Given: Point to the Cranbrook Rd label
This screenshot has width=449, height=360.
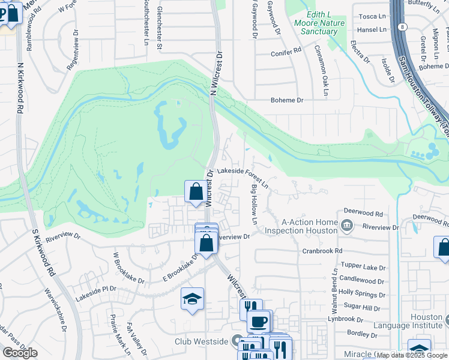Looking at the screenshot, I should click(322, 251).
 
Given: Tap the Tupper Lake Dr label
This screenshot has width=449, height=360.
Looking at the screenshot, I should click(362, 265).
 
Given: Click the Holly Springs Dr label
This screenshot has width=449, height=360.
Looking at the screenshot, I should click(362, 295).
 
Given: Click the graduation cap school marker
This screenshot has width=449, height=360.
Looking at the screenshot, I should click(192, 298).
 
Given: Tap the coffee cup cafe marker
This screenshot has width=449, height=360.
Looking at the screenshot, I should click(259, 321).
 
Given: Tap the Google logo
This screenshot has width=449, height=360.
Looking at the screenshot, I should click(20, 353).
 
